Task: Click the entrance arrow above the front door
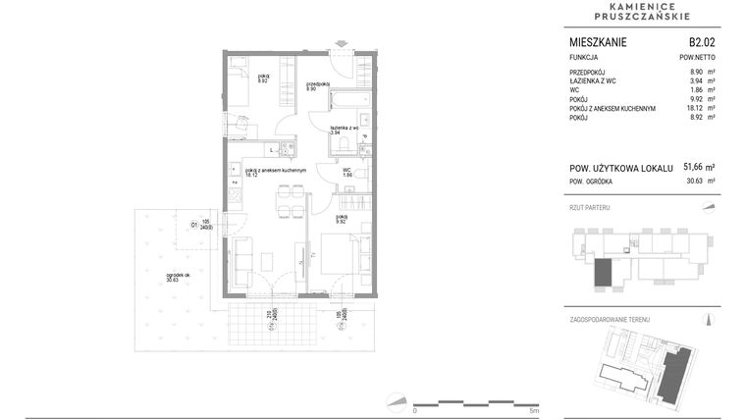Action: pyautogui.click(x=341, y=44)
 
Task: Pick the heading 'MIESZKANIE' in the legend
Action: pyautogui.click(x=598, y=43)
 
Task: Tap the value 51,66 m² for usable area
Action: pyautogui.click(x=698, y=168)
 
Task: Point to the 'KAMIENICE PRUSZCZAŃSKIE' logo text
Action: pyautogui.click(x=642, y=11)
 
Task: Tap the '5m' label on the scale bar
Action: pyautogui.click(x=533, y=410)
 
